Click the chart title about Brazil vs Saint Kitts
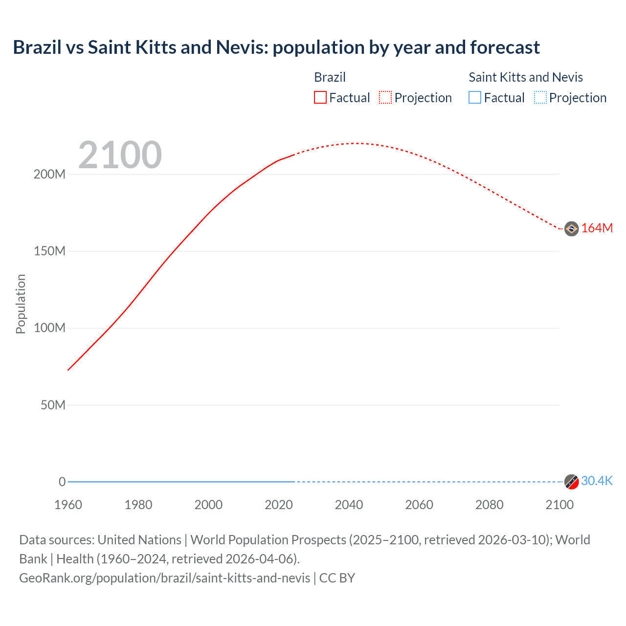(x=276, y=47)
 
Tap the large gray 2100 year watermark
(x=120, y=155)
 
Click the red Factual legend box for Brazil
(x=320, y=97)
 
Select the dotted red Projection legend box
(x=385, y=97)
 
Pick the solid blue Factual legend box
(x=474, y=97)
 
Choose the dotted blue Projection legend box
(x=540, y=97)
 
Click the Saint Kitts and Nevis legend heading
(x=526, y=77)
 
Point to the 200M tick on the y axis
(x=49, y=175)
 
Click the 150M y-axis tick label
(x=49, y=251)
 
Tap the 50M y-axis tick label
(x=53, y=405)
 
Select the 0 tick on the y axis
(x=62, y=482)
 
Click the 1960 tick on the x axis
(x=68, y=505)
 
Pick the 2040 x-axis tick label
(x=349, y=505)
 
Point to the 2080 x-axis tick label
(x=489, y=505)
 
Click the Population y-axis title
(x=21, y=304)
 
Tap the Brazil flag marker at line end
(x=571, y=228)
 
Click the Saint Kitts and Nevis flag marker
(x=571, y=482)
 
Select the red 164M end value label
(x=597, y=228)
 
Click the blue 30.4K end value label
(x=597, y=481)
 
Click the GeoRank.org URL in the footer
(x=164, y=578)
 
